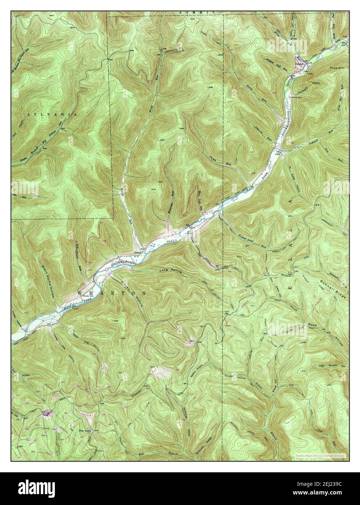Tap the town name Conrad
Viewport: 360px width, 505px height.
299,64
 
